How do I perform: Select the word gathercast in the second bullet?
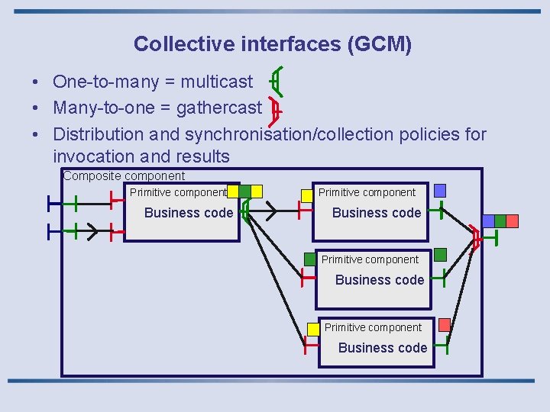click(218, 108)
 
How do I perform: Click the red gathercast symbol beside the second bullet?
click(276, 111)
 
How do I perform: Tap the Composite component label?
click(124, 176)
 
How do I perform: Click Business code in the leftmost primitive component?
click(189, 213)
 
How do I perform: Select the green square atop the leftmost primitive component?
click(244, 191)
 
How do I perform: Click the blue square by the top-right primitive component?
click(439, 190)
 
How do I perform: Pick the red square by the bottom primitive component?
click(444, 325)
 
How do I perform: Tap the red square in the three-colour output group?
click(512, 220)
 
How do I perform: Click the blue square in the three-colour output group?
click(488, 220)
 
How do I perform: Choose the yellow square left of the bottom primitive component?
click(313, 329)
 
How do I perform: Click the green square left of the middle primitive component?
click(309, 259)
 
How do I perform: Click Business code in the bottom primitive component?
click(383, 348)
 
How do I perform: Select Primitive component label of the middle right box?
click(370, 259)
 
